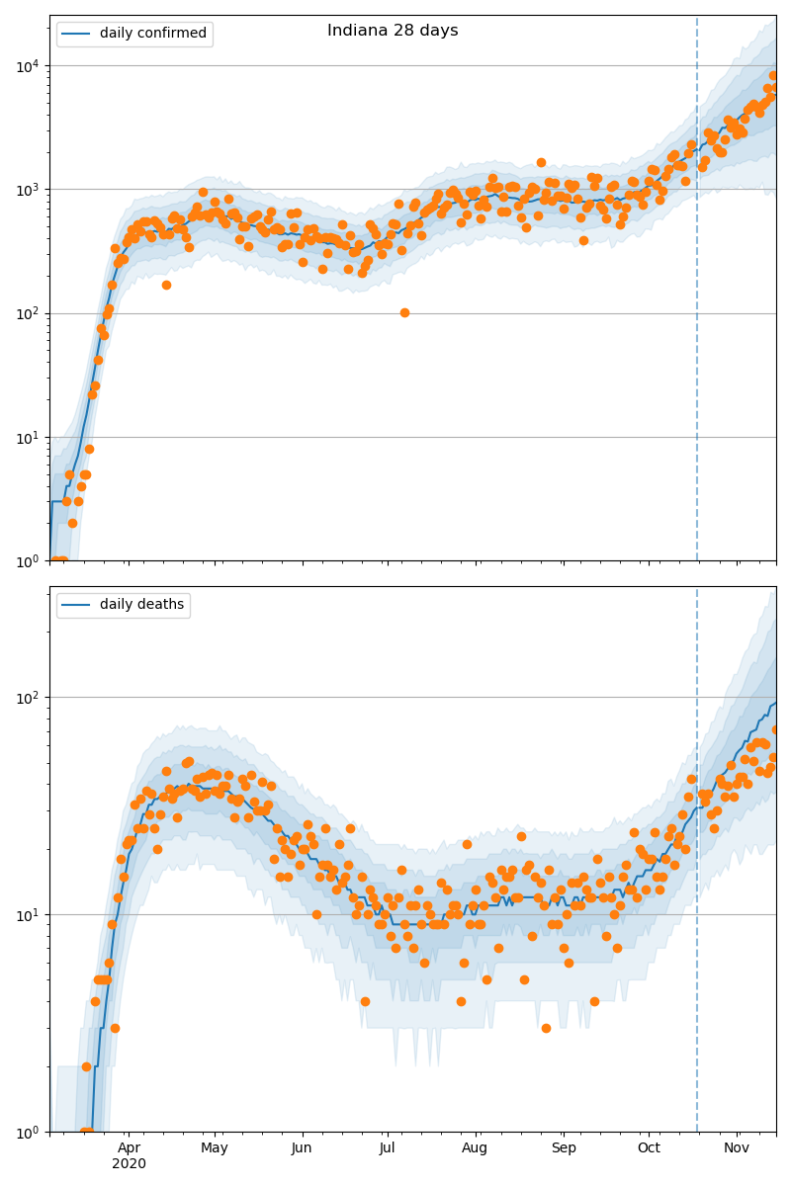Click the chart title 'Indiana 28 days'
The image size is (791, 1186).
393,31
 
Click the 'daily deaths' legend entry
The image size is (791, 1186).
141,605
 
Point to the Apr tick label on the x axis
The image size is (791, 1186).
129,1147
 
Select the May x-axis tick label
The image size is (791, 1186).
215,1147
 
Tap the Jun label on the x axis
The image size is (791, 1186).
302,1147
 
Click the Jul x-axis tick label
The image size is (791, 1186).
387,1147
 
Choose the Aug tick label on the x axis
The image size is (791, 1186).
475,1147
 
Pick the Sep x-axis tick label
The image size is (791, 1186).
564,1147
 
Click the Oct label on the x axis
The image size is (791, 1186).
649,1147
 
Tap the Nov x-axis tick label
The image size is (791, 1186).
736,1147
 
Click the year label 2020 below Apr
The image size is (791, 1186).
129,1164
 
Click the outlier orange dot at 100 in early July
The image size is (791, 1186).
404,312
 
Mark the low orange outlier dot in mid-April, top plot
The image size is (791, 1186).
166,285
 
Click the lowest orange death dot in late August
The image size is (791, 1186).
546,1028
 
